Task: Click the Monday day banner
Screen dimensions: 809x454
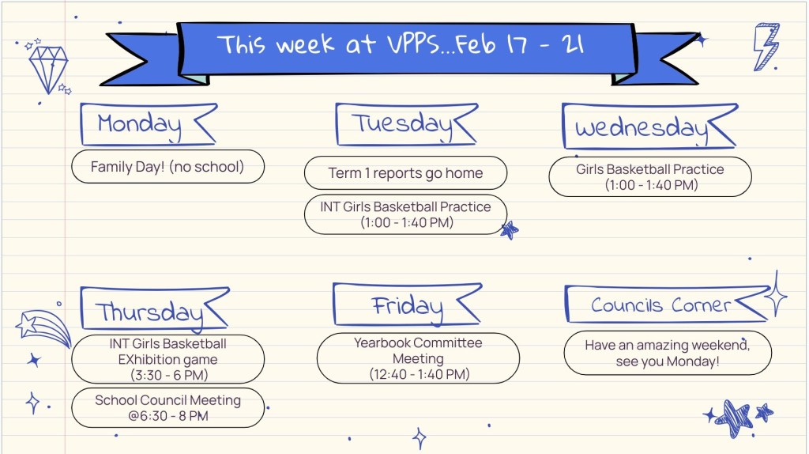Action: point(149,124)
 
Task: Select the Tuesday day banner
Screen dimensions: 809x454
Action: point(407,124)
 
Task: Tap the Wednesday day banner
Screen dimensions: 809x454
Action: point(649,127)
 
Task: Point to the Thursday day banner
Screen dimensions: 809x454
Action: point(154,309)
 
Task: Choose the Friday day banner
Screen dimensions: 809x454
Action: point(408,305)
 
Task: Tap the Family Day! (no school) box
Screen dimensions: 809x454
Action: point(167,167)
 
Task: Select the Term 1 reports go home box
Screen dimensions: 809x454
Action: point(405,173)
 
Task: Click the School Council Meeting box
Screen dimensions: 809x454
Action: point(167,408)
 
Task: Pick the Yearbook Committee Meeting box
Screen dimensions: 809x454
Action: point(419,358)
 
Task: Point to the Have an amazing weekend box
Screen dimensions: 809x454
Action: point(668,353)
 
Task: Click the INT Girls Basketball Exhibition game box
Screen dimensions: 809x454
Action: point(167,359)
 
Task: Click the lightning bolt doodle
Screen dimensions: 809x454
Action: point(766,47)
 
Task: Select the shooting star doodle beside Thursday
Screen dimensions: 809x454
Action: point(43,328)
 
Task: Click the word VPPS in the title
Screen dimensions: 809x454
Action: point(414,44)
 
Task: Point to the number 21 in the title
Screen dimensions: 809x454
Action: point(574,44)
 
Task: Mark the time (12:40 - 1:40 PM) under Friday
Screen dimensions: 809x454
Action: point(419,374)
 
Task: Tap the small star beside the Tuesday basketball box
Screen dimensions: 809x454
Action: point(510,230)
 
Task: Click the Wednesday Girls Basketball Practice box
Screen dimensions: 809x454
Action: point(650,176)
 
